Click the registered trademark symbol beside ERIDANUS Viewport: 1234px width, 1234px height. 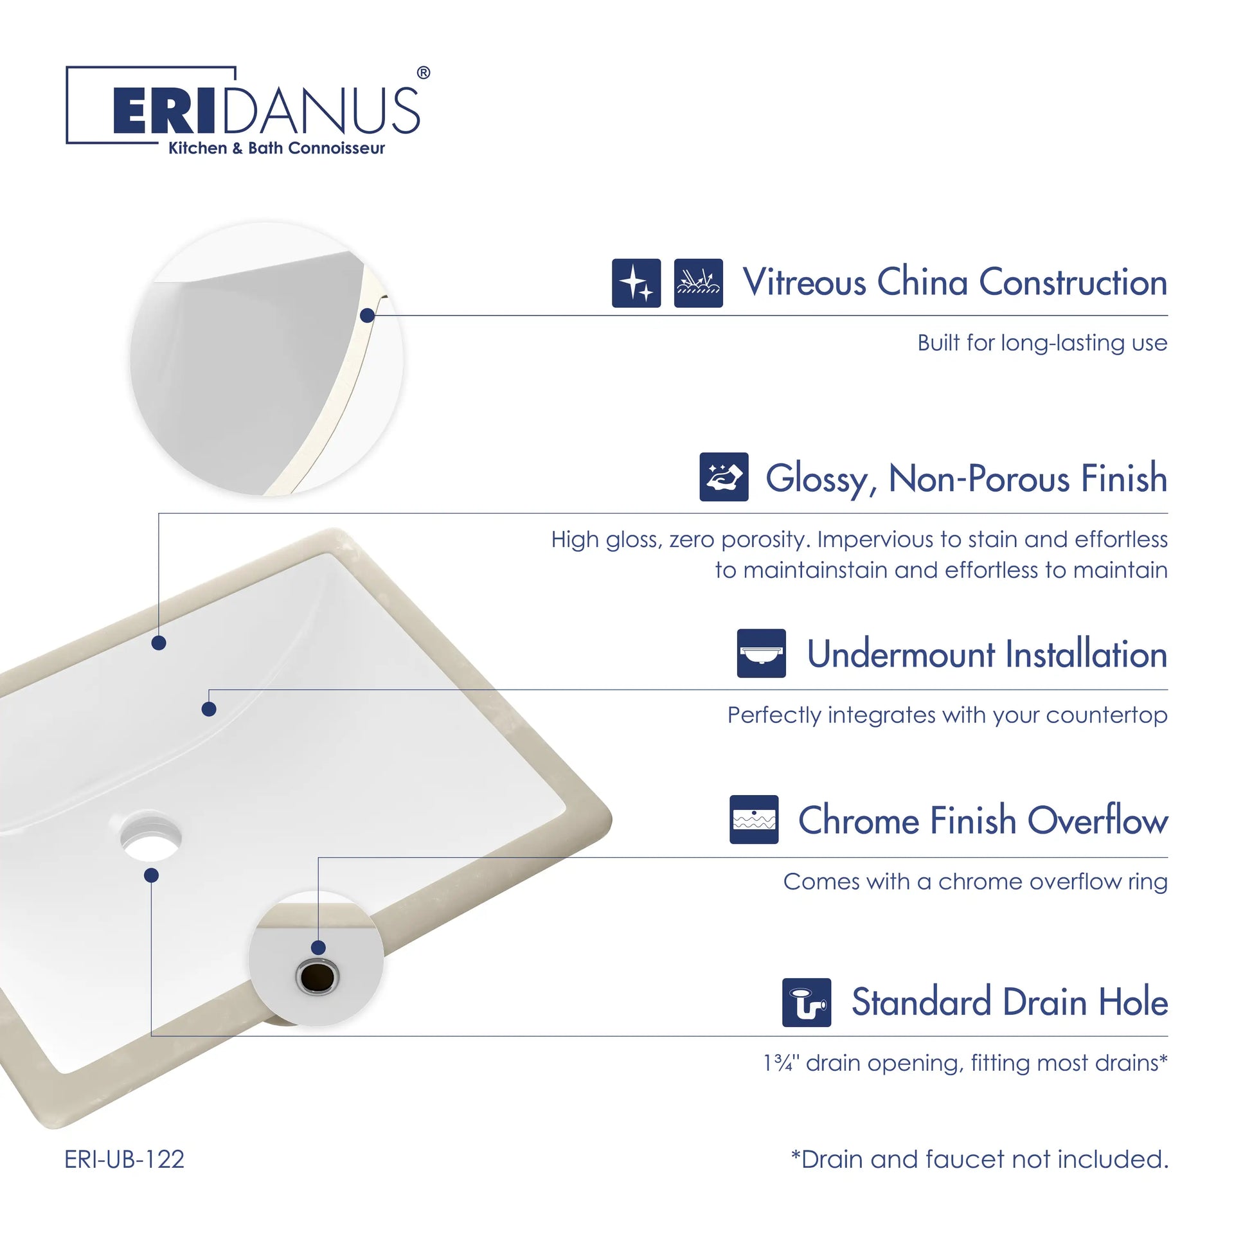point(424,73)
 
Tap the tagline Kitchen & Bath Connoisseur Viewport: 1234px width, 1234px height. point(276,148)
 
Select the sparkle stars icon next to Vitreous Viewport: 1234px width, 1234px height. point(636,283)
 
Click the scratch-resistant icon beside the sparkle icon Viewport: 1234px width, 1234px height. point(698,283)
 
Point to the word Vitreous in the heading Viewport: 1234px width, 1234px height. point(804,282)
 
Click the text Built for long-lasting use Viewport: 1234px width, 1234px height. point(1042,343)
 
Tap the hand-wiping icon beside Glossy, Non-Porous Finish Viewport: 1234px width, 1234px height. point(724,477)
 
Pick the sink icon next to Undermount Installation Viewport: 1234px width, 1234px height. point(761,653)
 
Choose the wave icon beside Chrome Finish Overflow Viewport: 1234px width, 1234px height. point(754,819)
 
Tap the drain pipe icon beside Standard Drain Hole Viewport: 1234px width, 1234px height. point(807,1003)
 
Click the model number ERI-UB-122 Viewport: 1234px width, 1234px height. point(124,1159)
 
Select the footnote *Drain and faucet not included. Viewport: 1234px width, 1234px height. point(979,1159)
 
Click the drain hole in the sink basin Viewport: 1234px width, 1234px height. point(150,837)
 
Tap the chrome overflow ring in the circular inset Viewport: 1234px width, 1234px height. point(317,977)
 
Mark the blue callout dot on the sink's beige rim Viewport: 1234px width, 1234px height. point(159,643)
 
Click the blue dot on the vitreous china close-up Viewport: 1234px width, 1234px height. point(368,316)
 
